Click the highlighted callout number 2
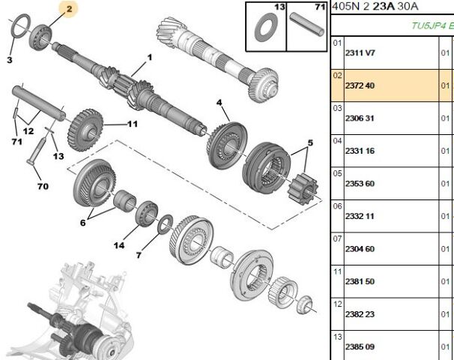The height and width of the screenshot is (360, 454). tap(69, 9)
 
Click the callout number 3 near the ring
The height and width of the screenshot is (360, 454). tap(10, 60)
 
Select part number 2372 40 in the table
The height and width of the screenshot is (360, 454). tap(360, 85)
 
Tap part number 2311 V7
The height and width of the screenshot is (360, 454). tap(360, 53)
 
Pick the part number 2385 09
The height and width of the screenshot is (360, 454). tap(360, 347)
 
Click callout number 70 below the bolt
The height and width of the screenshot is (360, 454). tap(43, 186)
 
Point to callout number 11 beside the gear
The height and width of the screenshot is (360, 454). tap(133, 124)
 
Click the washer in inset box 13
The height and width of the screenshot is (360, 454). tap(266, 27)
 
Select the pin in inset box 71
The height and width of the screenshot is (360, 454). tap(307, 24)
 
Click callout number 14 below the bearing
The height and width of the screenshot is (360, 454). tap(119, 245)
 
